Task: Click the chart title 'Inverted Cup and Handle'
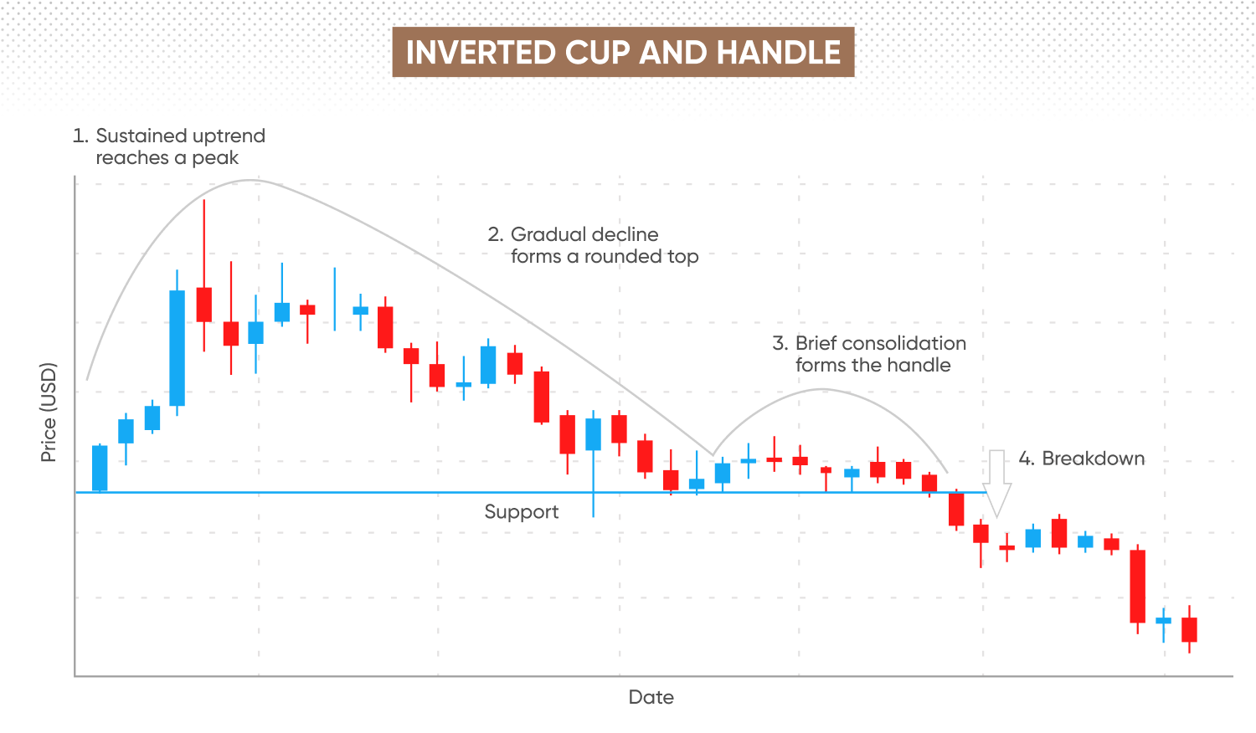point(623,52)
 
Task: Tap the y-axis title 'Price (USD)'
point(49,413)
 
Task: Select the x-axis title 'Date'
point(651,697)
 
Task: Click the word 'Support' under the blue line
point(522,512)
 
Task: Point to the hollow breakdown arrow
point(996,484)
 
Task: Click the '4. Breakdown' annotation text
point(1082,459)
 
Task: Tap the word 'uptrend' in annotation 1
point(229,136)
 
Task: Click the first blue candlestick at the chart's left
point(100,469)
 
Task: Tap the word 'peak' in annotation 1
point(215,159)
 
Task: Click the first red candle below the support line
point(956,510)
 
